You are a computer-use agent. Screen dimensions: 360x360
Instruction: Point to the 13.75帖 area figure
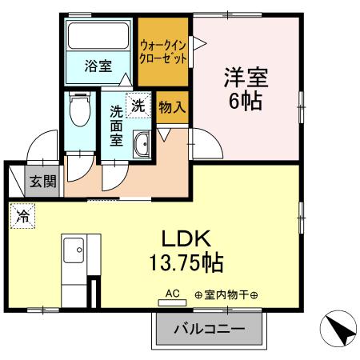[185, 262]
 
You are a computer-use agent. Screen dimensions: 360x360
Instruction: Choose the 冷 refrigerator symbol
[22, 215]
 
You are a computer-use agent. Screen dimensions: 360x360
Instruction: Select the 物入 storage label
[172, 106]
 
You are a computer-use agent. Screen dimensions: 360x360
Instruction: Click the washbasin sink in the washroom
[142, 146]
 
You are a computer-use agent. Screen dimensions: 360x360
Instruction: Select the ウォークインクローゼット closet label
[164, 52]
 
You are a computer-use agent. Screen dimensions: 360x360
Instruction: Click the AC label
[171, 294]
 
